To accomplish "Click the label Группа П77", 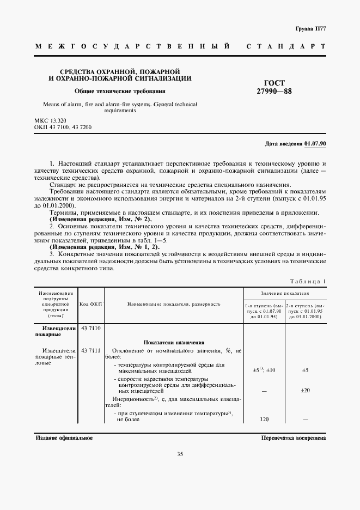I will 310,28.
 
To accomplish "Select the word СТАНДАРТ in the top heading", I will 286,47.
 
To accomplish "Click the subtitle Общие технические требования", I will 120,92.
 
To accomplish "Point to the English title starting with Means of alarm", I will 119,106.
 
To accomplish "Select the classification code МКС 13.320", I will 51,120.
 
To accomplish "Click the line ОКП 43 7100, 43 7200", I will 63,127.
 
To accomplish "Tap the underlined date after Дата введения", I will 315,143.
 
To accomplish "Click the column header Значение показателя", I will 285,293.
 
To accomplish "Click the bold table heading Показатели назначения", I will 174,342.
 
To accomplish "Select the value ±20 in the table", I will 305,390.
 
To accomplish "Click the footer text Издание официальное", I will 64,438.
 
